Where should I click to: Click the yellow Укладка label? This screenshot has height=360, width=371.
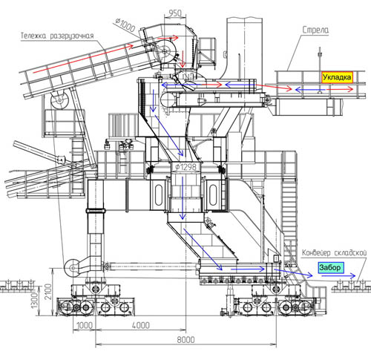[x=337, y=77]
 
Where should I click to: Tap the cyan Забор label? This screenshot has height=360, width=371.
[x=331, y=267]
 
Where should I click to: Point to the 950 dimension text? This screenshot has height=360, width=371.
[x=175, y=13]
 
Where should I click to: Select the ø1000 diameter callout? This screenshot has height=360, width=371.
[x=125, y=24]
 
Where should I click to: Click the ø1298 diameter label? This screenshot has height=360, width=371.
[x=186, y=167]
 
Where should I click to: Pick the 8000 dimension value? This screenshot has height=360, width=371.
[x=185, y=340]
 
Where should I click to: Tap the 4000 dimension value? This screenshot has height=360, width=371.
[x=141, y=325]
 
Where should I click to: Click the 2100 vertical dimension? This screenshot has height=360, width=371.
[x=48, y=292]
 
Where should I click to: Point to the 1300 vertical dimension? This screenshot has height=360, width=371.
[x=34, y=300]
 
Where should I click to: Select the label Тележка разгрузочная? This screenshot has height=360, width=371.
[x=57, y=36]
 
